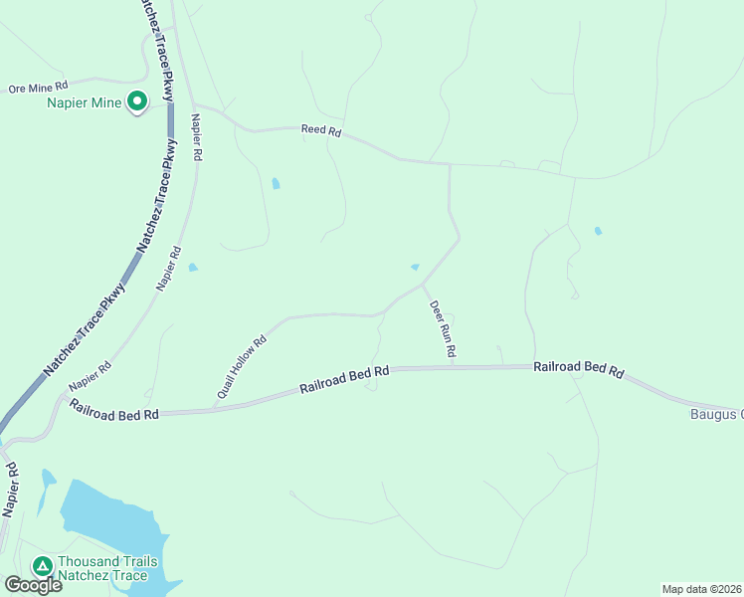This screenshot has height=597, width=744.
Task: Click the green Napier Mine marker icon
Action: pos(137,101)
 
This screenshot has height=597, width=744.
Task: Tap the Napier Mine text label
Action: pos(84,102)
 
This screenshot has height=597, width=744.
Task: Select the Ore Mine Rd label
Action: pos(38,89)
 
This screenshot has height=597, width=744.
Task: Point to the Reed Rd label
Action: pos(321,130)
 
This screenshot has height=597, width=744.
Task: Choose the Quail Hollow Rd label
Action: pos(242,369)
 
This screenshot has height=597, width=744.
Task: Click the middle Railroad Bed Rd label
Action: pos(344,379)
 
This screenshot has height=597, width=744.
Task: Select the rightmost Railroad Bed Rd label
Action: pos(578,368)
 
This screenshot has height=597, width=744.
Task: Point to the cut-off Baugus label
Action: pos(717,414)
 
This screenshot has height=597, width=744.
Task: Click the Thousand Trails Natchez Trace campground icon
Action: pos(42,566)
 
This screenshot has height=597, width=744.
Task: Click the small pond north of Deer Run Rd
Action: pos(415,267)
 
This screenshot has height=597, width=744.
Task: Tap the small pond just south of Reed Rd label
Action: pos(276,183)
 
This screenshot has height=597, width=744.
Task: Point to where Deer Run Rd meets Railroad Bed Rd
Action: pos(453,366)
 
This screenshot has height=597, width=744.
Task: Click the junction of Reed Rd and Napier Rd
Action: pos(195,104)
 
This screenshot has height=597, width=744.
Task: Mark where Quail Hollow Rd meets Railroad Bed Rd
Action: pos(216,408)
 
